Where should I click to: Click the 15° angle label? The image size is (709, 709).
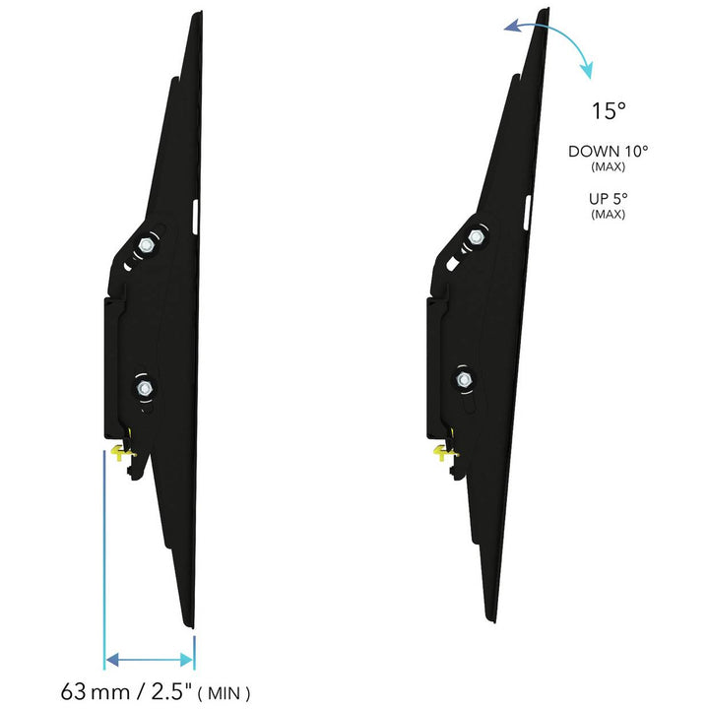609,111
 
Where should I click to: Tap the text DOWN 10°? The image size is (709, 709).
608,152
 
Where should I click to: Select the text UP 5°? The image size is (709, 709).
608,199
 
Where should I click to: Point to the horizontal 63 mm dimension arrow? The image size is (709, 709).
149,658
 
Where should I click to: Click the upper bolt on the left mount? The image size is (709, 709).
146,243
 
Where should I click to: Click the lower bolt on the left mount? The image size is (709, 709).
145,388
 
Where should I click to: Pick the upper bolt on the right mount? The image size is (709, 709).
476,236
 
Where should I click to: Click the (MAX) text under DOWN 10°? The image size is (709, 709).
608,167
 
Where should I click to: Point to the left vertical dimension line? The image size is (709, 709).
103,561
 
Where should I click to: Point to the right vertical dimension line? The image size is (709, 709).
194,655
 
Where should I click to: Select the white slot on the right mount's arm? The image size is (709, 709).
525,211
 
